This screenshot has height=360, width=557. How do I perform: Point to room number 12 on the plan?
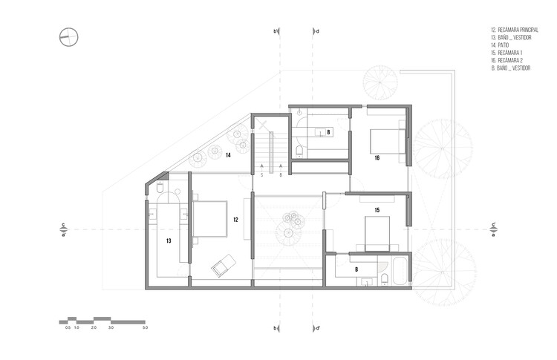(235, 220)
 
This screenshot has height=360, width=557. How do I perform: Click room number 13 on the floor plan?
(169, 240)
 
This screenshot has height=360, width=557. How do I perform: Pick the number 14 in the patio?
(229, 155)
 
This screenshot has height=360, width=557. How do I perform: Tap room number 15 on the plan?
(377, 211)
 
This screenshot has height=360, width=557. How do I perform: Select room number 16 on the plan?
(377, 158)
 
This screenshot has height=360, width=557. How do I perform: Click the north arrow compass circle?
(69, 36)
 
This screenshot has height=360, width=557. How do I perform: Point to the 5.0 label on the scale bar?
(146, 327)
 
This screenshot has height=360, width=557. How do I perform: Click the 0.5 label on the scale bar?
(68, 327)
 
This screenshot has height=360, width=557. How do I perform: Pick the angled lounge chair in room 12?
(224, 263)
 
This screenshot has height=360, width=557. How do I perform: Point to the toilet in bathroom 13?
(160, 190)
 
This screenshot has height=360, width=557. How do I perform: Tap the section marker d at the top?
(317, 32)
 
